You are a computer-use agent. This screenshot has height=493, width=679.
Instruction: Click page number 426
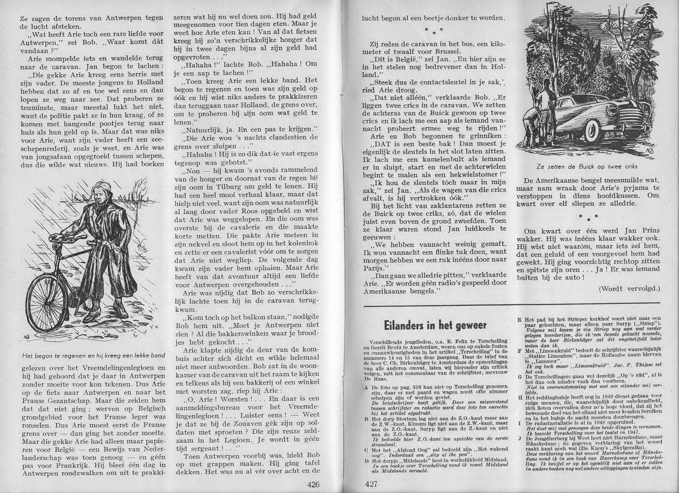(313, 484)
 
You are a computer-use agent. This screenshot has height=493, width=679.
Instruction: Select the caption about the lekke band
(93, 355)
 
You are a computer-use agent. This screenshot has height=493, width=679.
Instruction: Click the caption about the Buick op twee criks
(587, 167)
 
